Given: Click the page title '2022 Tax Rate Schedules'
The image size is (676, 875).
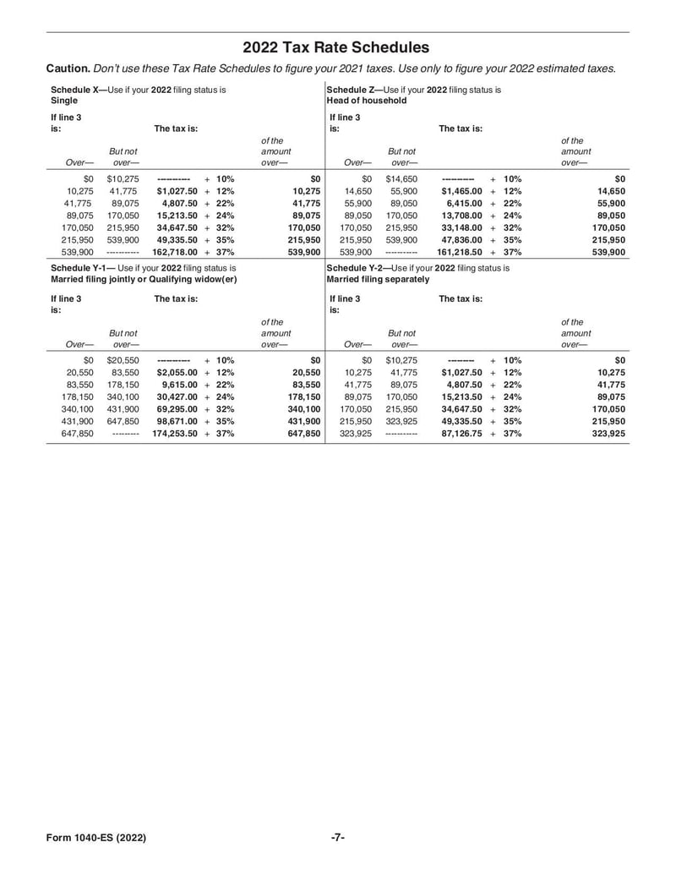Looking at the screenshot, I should pyautogui.click(x=336, y=48).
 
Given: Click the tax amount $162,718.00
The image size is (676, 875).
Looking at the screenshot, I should pyautogui.click(x=175, y=252).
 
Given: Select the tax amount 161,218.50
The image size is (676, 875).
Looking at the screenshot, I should pyautogui.click(x=459, y=252).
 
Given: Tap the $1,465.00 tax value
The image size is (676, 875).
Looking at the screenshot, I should pyautogui.click(x=461, y=192).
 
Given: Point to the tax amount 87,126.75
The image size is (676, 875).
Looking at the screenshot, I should pyautogui.click(x=461, y=433).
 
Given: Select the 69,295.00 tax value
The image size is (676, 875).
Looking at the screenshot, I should pyautogui.click(x=179, y=409).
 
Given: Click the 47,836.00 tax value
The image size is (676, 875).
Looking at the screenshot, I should pyautogui.click(x=461, y=240).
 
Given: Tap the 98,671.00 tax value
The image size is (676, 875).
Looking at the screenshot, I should pyautogui.click(x=179, y=421).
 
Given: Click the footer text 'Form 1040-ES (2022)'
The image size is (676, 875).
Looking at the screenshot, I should pyautogui.click(x=97, y=838).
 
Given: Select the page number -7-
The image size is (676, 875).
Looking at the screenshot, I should pyautogui.click(x=337, y=838).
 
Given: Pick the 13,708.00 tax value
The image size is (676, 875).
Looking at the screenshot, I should pyautogui.click(x=461, y=216).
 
